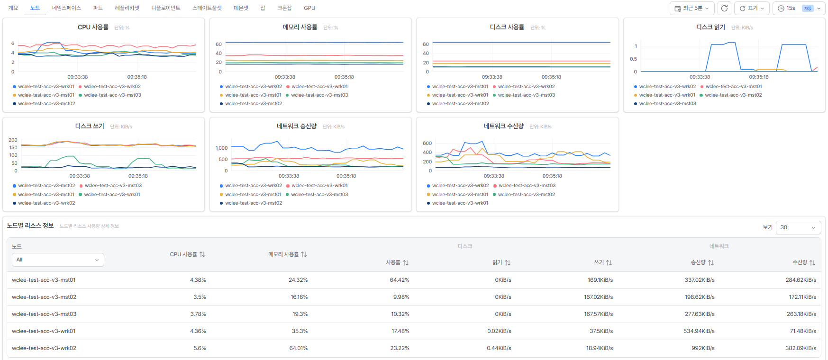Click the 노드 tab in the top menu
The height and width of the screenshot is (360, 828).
pyautogui.click(x=35, y=8)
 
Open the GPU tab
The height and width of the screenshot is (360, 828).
pyautogui.click(x=309, y=8)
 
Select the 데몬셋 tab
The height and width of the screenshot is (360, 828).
pyautogui.click(x=241, y=8)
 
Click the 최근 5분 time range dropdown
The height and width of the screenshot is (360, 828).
pyautogui.click(x=692, y=8)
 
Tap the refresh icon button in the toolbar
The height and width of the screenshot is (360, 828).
pyautogui.click(x=724, y=8)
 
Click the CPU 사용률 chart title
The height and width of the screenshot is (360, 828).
pyautogui.click(x=93, y=27)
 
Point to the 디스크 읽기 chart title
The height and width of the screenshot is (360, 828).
pyautogui.click(x=710, y=27)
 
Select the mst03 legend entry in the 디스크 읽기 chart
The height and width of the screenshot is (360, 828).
pyautogui.click(x=665, y=104)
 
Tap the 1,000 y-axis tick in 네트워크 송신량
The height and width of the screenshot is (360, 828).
pyautogui.click(x=222, y=148)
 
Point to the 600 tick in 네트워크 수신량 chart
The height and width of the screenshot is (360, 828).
pyautogui.click(x=427, y=143)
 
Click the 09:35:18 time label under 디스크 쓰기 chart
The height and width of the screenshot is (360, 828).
pyautogui.click(x=138, y=176)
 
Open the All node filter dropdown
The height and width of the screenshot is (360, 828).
pyautogui.click(x=58, y=260)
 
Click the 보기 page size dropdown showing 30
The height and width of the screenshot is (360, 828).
pyautogui.click(x=799, y=227)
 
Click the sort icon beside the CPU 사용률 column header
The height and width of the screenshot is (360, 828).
pyautogui.click(x=202, y=254)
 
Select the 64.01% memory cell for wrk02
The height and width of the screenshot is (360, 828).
pyautogui.click(x=299, y=348)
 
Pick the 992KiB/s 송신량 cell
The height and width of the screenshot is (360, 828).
pyautogui.click(x=703, y=348)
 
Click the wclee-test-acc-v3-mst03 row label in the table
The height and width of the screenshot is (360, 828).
pyautogui.click(x=44, y=314)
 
